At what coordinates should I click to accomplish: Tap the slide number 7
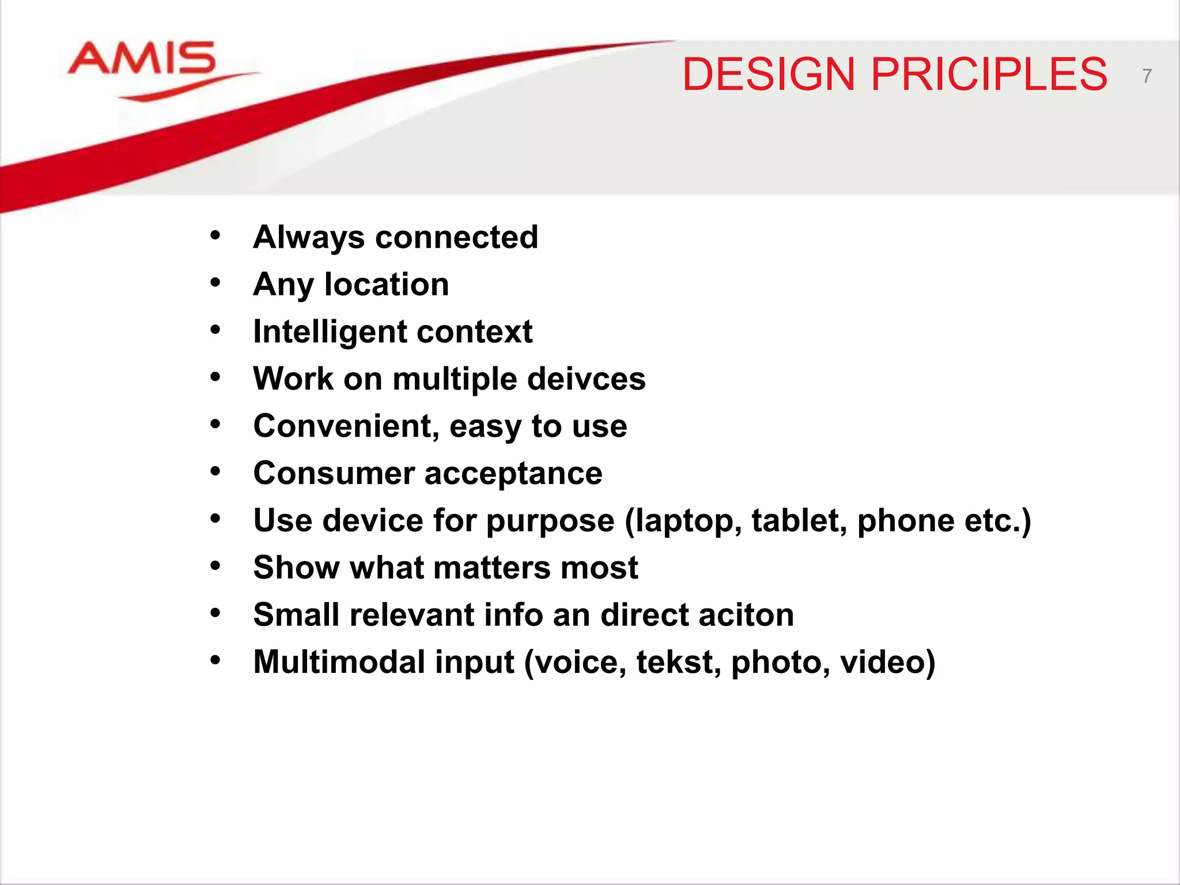coord(1147,76)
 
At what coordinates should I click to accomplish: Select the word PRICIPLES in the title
coord(989,75)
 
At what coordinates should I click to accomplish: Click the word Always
coord(309,238)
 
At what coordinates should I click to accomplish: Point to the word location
coord(387,285)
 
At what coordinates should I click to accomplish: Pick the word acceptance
coord(513,474)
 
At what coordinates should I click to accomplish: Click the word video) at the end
coord(887,662)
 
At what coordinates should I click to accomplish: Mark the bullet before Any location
coord(215,283)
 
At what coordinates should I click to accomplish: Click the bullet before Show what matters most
coord(215,566)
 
